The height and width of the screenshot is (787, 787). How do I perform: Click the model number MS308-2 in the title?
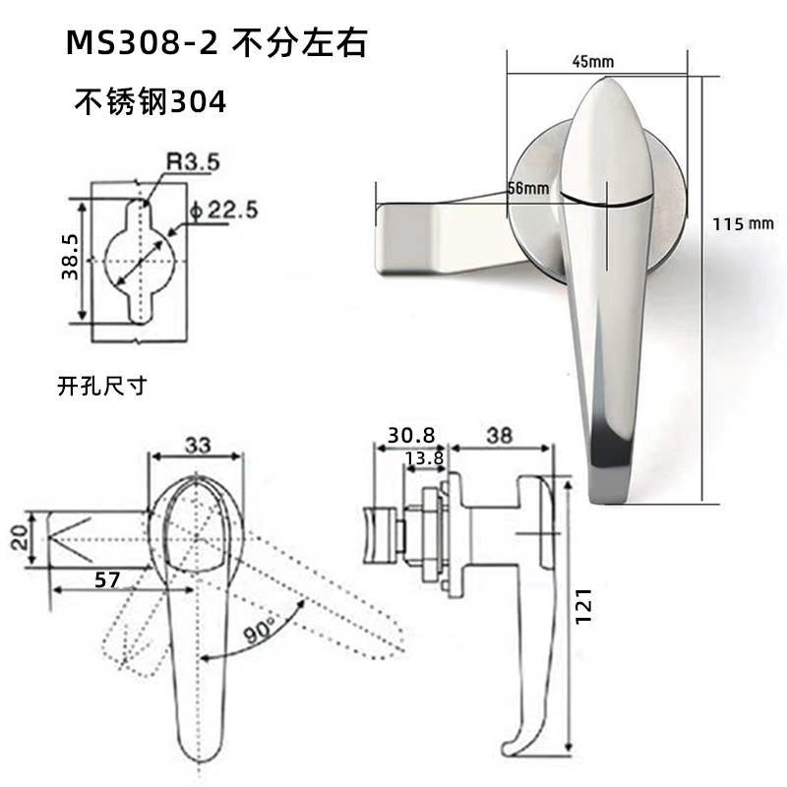click(x=137, y=45)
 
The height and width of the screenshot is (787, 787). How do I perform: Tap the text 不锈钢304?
click(x=151, y=102)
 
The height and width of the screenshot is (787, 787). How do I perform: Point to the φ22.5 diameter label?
click(x=221, y=210)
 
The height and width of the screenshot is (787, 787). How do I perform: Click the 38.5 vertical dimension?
click(x=69, y=259)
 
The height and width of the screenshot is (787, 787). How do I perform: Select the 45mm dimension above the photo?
click(x=592, y=62)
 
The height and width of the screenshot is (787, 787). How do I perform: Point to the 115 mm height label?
click(x=744, y=223)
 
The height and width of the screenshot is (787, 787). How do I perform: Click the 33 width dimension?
click(x=198, y=445)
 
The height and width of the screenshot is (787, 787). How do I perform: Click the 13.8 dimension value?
click(x=423, y=457)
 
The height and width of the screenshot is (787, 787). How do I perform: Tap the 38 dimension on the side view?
click(x=501, y=434)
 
